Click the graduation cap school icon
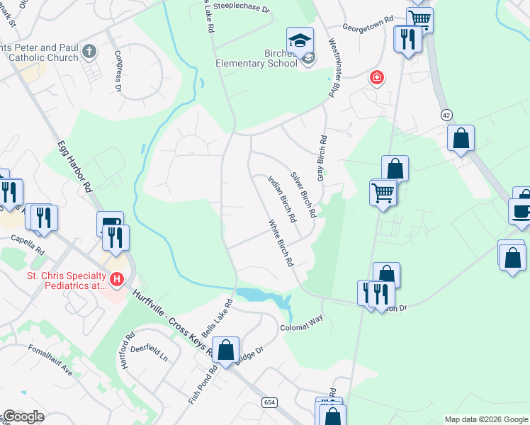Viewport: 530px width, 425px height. pyautogui.click(x=300, y=40)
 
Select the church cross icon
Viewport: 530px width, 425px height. pyautogui.click(x=89, y=51)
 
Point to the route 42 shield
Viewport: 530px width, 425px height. pyautogui.click(x=446, y=115)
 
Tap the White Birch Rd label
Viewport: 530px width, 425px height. pyautogui.click(x=281, y=243)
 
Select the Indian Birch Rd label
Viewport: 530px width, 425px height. pyautogui.click(x=281, y=200)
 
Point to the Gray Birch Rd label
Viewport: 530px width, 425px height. pyautogui.click(x=321, y=158)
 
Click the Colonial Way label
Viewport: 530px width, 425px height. pyautogui.click(x=301, y=319)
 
